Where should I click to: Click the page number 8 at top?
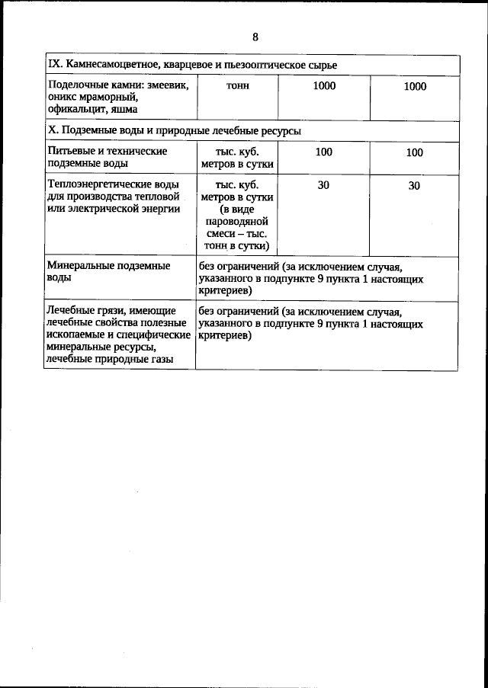coord(255,37)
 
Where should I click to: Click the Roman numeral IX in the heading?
coord(53,66)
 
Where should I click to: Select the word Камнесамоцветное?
coord(104,66)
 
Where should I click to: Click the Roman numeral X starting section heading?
coord(51,131)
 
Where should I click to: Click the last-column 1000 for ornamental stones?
coord(414,87)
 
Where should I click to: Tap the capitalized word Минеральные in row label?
coord(81,267)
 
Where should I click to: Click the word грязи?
coord(109,312)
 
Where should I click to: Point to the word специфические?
coord(154,335)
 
